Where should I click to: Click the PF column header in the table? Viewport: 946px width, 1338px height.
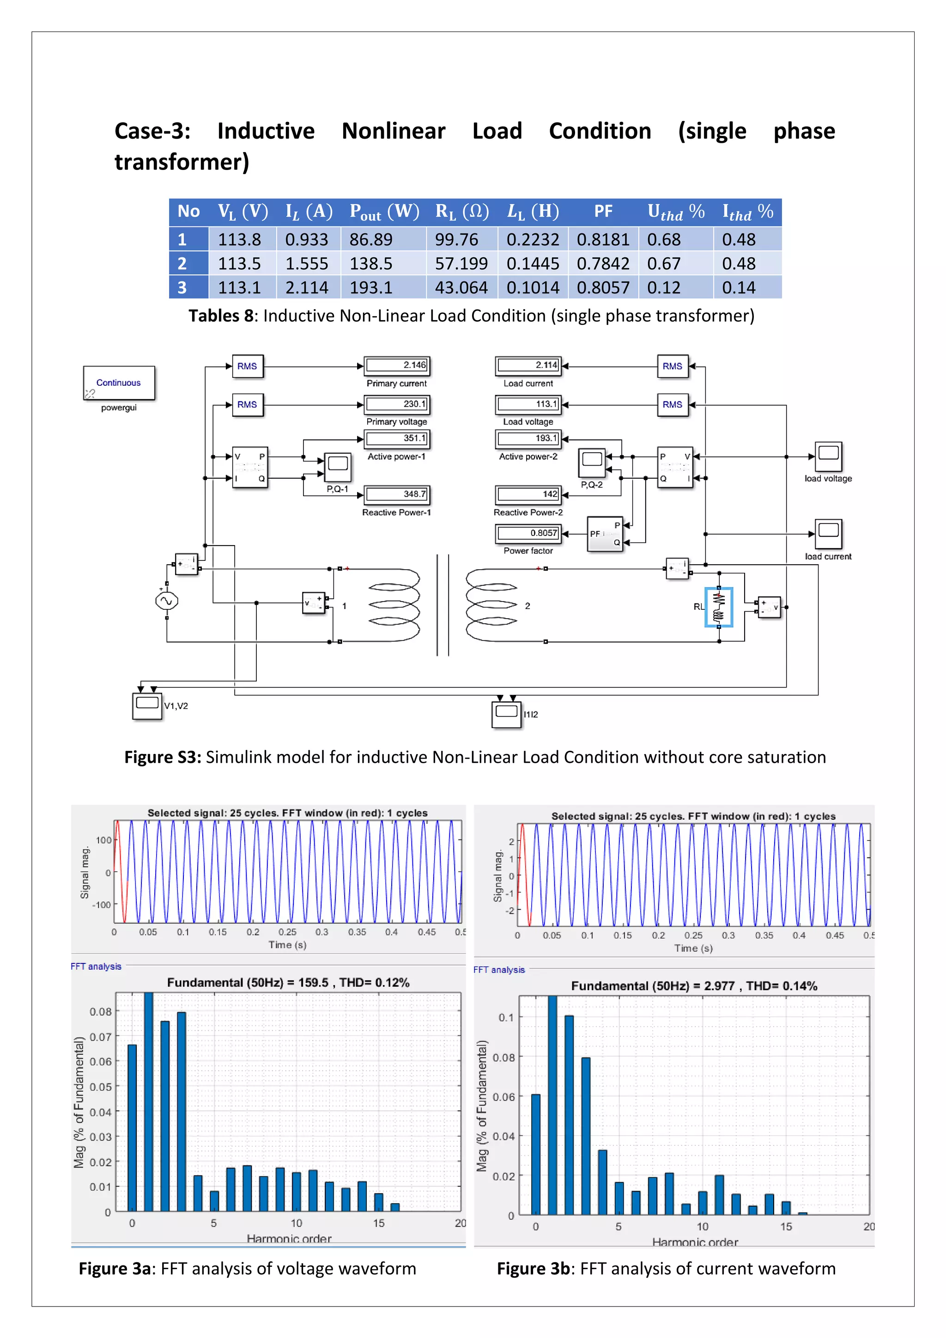[x=603, y=212]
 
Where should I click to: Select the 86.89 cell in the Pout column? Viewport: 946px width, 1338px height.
[x=371, y=239]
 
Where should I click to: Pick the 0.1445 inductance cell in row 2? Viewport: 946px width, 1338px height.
[x=533, y=264]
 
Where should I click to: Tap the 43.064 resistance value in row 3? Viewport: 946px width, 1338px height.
[x=461, y=288]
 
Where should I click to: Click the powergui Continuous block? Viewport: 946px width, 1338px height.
[x=119, y=383]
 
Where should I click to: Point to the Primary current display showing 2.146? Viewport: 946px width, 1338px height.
[x=397, y=365]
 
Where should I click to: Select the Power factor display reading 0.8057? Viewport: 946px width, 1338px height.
[x=528, y=533]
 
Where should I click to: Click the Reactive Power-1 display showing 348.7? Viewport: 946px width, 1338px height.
[x=397, y=495]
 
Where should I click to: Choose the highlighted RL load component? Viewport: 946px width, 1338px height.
[x=718, y=607]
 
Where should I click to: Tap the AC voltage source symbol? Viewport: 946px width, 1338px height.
[x=167, y=601]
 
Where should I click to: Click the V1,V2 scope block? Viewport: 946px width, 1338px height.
[x=147, y=705]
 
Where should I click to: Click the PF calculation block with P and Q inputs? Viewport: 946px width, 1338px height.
[x=605, y=533]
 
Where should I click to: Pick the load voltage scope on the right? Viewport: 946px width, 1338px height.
[x=828, y=456]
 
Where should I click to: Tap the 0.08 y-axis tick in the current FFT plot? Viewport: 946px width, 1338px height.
[x=503, y=1058]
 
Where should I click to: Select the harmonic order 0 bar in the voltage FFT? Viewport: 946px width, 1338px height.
[x=132, y=1128]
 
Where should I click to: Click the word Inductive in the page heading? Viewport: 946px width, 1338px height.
[x=266, y=131]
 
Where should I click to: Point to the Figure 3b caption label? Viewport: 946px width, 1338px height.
[x=533, y=1269]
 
